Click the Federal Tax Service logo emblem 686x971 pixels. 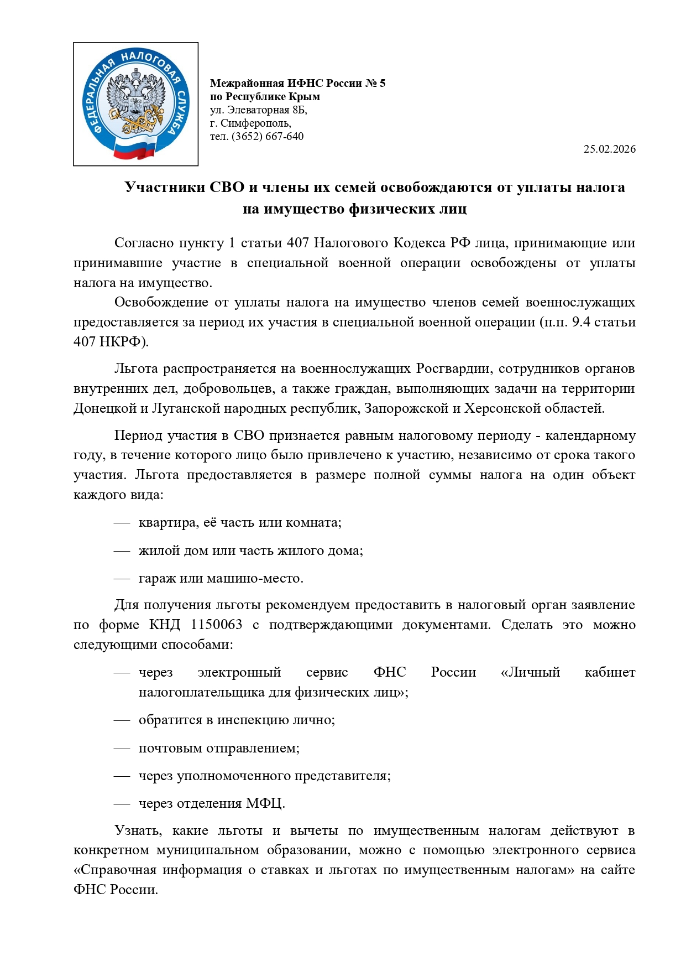pos(135,104)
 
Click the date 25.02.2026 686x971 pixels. pos(609,149)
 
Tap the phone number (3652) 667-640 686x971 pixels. pos(268,136)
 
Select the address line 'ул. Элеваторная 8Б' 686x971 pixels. pos(258,110)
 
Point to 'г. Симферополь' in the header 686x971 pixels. pos(250,123)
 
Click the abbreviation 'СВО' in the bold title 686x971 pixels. pos(227,187)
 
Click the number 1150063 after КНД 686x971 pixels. pos(216,625)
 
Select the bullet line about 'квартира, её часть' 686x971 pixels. pos(240,522)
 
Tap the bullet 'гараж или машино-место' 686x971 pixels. pos(221,578)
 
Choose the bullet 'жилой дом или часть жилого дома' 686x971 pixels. pos(250,551)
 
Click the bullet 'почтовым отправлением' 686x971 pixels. pos(219,748)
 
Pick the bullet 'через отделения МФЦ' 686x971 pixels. pos(212,803)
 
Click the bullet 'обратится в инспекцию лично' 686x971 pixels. pos(237,720)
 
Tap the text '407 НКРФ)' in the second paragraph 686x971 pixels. pos(111,341)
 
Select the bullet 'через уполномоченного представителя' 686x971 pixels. pos(264,776)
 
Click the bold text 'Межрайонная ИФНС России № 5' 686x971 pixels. pos(297,84)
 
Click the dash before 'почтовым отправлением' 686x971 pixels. pos(122,748)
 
